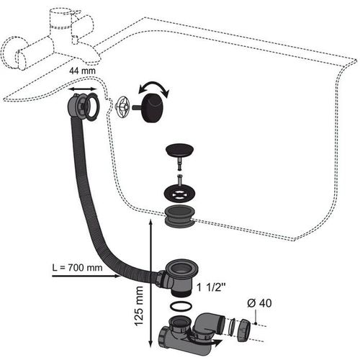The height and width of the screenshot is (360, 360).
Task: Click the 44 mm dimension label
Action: [82, 71]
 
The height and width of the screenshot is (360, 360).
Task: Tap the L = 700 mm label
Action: [77, 267]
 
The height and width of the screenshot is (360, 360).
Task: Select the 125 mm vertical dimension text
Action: [139, 306]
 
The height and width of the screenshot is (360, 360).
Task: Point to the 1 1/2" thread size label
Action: [212, 287]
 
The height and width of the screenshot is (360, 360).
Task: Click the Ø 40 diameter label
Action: [259, 303]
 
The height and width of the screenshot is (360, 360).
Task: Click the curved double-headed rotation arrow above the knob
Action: [154, 88]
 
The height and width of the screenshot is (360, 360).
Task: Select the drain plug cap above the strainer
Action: [180, 149]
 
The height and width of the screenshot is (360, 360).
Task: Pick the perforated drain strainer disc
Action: [179, 192]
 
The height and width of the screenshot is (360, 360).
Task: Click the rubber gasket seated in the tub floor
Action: [179, 216]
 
